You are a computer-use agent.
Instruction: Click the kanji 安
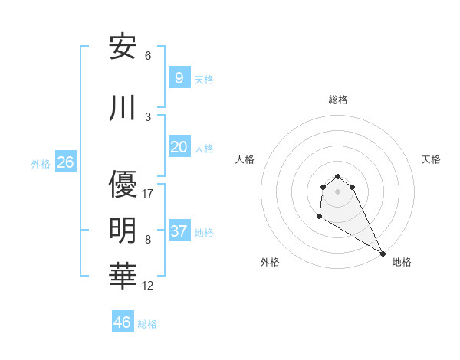(123, 47)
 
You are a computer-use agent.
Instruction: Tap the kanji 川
(123, 108)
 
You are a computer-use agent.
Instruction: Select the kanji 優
(123, 184)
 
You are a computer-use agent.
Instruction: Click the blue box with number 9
(179, 78)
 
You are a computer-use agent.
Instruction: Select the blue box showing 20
(179, 147)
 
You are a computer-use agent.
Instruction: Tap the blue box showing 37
(179, 231)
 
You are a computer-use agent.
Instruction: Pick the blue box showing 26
(65, 162)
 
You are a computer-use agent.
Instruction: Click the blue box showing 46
(123, 322)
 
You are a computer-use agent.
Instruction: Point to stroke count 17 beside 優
(148, 193)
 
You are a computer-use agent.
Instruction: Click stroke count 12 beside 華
(148, 286)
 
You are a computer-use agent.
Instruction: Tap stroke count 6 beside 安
(148, 55)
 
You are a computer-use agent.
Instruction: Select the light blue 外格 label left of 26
(41, 163)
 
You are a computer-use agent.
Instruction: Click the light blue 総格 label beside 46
(147, 324)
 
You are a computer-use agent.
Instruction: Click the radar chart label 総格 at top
(338, 100)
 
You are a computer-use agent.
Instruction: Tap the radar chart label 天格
(432, 159)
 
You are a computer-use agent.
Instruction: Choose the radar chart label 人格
(245, 159)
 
